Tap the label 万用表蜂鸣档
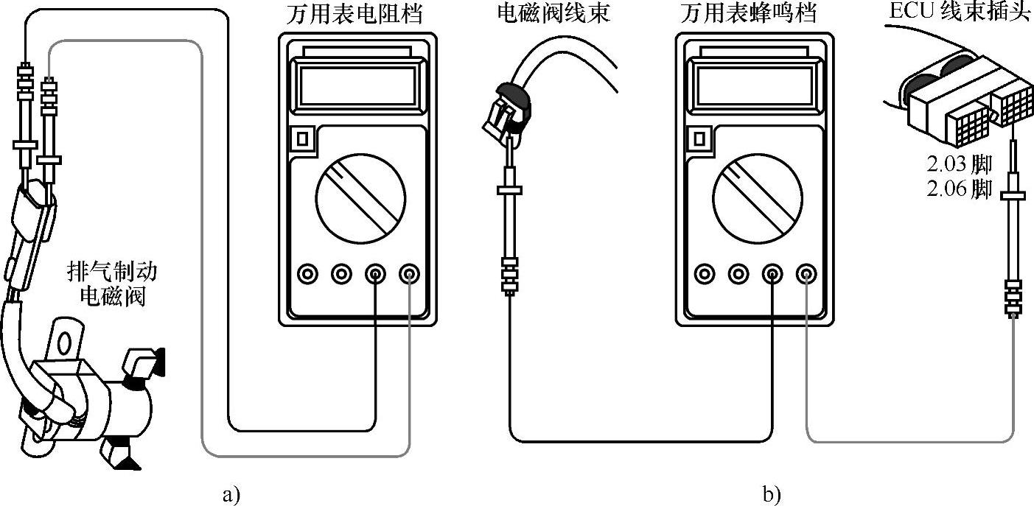753,14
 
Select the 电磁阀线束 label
553,14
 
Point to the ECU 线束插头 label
957,14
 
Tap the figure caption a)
231,493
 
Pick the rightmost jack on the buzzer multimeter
805,275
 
